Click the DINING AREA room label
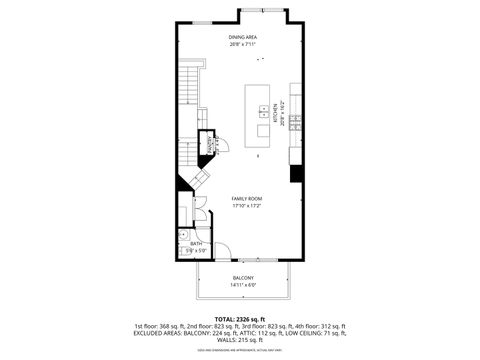pyautogui.click(x=243, y=37)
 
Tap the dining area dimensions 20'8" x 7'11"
pyautogui.click(x=243, y=44)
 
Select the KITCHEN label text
pyautogui.click(x=276, y=118)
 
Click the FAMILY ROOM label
pyautogui.click(x=247, y=199)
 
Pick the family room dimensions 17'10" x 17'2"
pyautogui.click(x=247, y=206)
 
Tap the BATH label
pyautogui.click(x=196, y=243)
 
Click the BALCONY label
pyautogui.click(x=243, y=277)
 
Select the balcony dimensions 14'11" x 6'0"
pyautogui.click(x=243, y=285)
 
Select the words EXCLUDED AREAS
pyautogui.click(x=161, y=334)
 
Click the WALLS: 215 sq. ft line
pyautogui.click(x=240, y=341)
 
